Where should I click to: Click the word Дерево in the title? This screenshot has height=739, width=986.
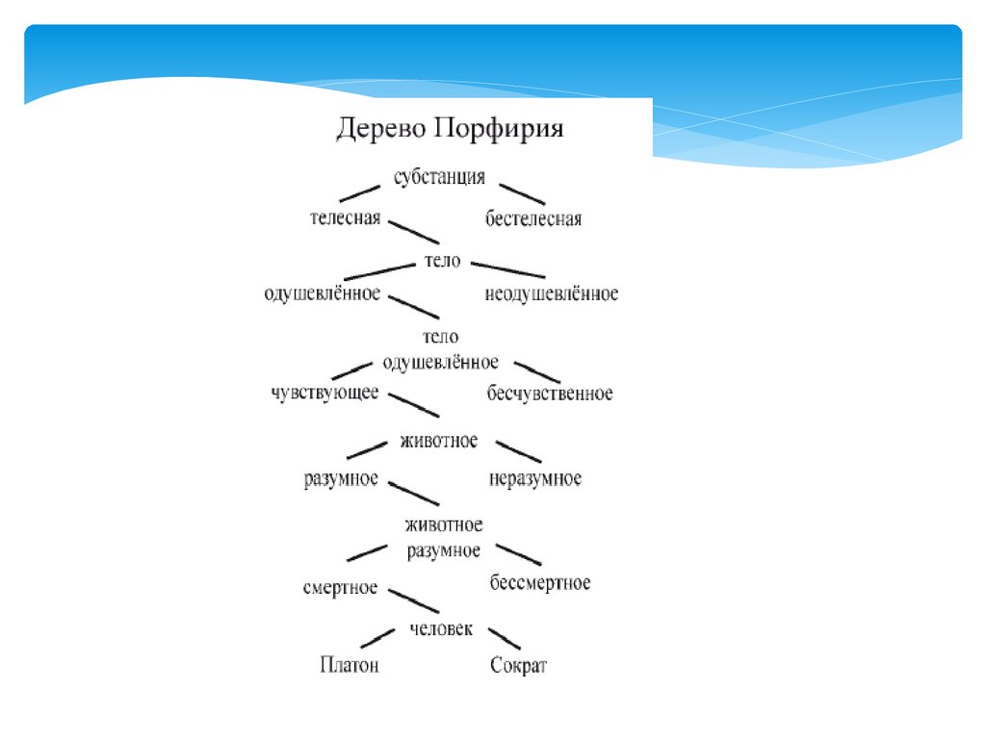(x=377, y=130)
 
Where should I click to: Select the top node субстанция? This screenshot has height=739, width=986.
(x=440, y=177)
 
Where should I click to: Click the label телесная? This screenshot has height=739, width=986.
(x=345, y=218)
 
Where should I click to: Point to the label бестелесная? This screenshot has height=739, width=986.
(x=533, y=219)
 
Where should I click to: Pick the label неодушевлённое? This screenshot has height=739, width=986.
(x=552, y=293)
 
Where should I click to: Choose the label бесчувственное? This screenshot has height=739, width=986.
(x=550, y=394)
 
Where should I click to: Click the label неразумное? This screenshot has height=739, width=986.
(x=535, y=478)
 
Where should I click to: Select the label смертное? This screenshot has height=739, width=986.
(x=340, y=588)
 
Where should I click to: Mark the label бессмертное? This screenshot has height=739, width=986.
(x=539, y=583)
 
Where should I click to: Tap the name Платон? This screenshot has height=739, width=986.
(x=349, y=665)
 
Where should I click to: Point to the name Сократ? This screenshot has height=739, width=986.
(x=518, y=665)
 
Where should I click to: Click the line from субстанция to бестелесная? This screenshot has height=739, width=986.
(x=522, y=193)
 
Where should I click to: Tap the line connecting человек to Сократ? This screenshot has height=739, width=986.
(x=505, y=638)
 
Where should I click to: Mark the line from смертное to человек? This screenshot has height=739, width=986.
(x=413, y=600)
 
